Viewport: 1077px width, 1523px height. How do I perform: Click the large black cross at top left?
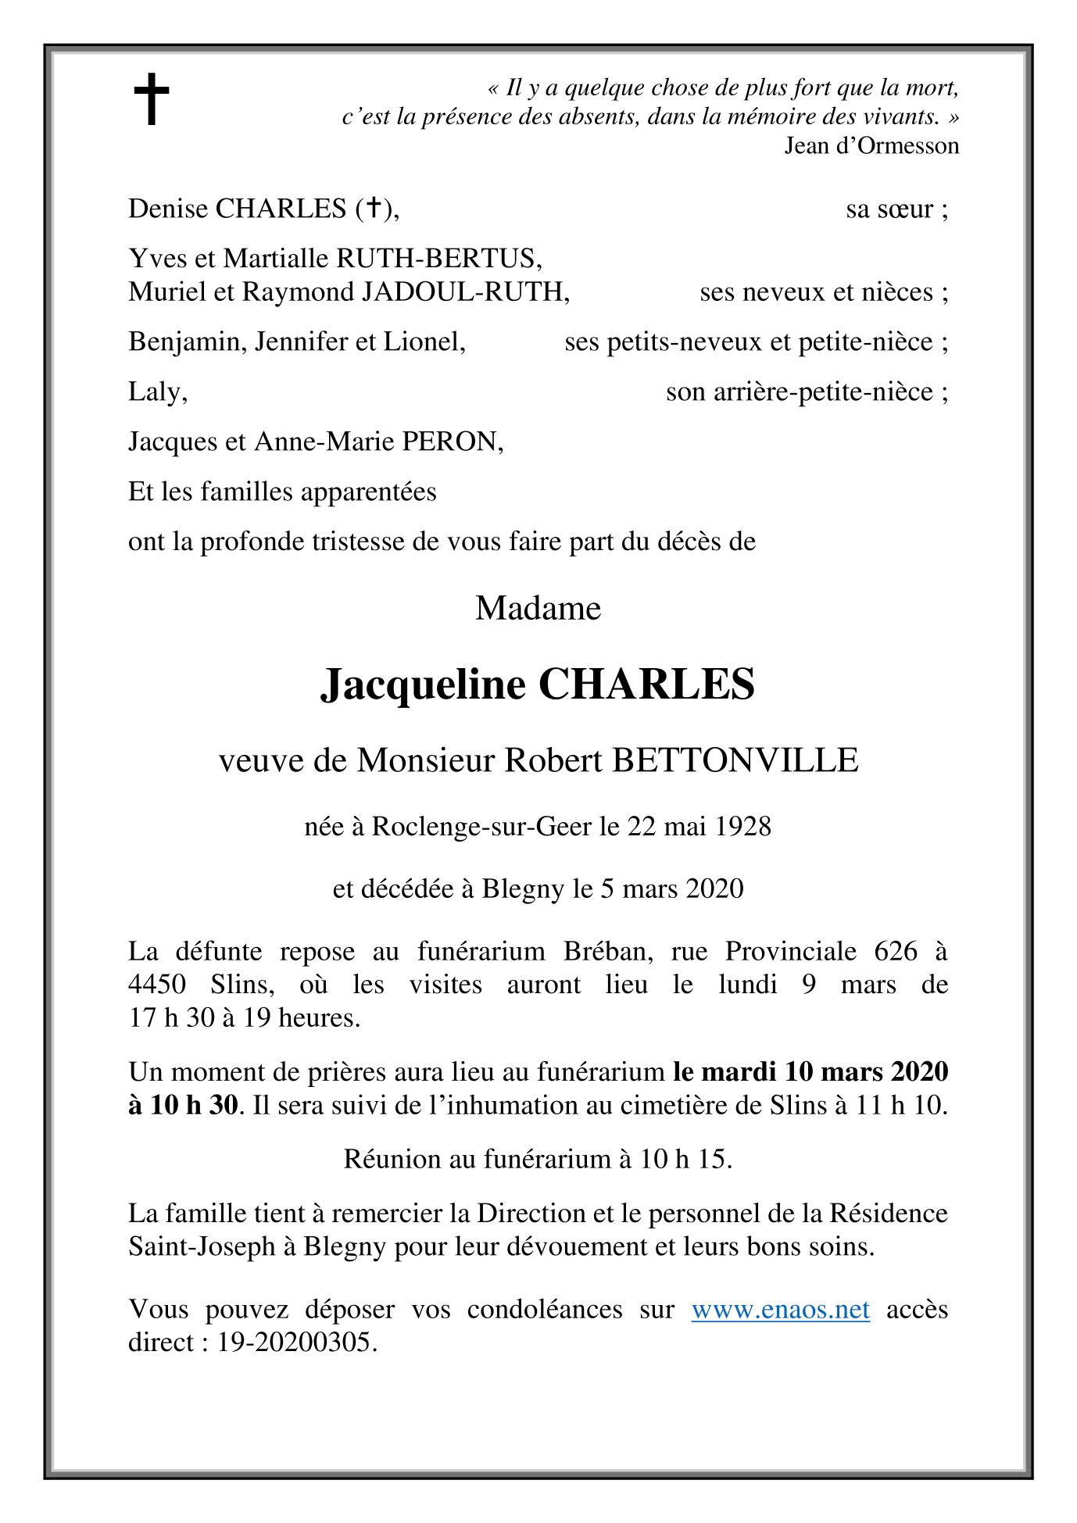click(x=151, y=99)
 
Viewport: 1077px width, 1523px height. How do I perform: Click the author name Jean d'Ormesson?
click(x=871, y=146)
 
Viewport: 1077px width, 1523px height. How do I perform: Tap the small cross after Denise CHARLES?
click(x=374, y=208)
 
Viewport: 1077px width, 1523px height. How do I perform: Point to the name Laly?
click(x=157, y=392)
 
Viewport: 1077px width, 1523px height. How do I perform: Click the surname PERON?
click(x=452, y=442)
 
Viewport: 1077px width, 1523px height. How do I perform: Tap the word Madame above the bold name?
click(x=538, y=608)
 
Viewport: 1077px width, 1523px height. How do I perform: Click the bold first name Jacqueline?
click(x=423, y=685)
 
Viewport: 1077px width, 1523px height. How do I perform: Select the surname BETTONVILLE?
click(x=735, y=760)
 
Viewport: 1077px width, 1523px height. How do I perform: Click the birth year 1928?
click(x=742, y=827)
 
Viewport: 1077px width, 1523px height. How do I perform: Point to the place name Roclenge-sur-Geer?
click(x=481, y=827)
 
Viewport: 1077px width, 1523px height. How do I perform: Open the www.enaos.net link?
click(x=780, y=1310)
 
